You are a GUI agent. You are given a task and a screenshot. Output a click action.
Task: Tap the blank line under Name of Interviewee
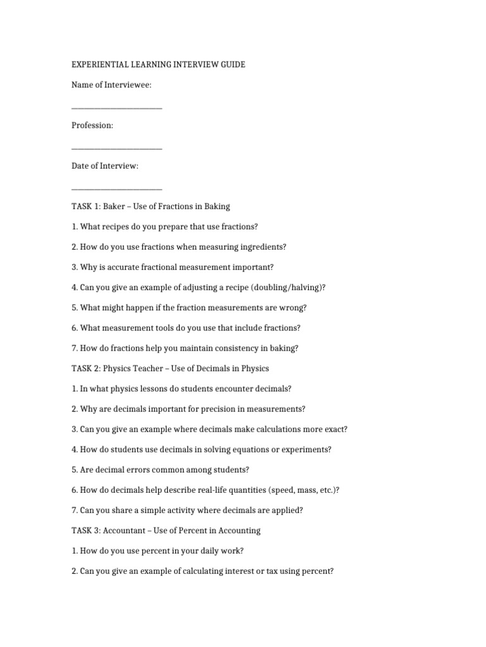117,108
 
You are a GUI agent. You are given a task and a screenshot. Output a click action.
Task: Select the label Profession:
92,126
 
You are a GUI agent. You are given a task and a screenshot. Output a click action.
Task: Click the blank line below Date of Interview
117,189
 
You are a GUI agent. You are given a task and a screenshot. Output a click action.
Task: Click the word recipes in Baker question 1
118,226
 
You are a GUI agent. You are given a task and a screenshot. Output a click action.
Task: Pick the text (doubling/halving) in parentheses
287,287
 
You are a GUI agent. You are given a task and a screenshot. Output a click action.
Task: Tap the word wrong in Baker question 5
292,308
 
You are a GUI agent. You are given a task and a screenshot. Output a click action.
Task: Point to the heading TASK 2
85,368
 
